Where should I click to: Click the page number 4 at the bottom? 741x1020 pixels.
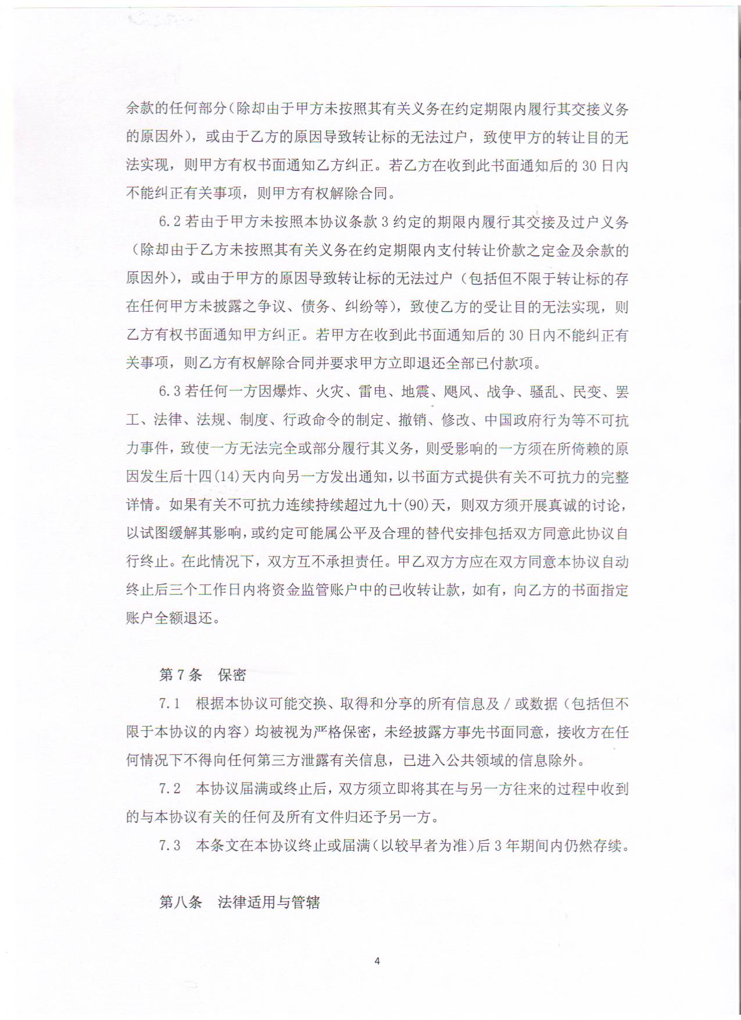click(x=377, y=961)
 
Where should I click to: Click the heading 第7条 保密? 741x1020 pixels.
click(x=202, y=675)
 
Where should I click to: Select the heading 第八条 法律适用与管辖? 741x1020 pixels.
click(x=239, y=902)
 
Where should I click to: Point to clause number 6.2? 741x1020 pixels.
click(x=170, y=222)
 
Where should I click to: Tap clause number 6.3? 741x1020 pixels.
click(x=170, y=392)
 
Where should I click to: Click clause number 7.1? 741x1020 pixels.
click(x=170, y=704)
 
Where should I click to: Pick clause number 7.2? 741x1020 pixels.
click(x=170, y=789)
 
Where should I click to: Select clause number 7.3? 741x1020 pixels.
click(x=170, y=846)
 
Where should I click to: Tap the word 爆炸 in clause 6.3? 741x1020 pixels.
click(x=287, y=392)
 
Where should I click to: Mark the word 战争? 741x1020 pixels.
click(x=501, y=392)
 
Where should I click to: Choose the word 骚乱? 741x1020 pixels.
click(x=544, y=392)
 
